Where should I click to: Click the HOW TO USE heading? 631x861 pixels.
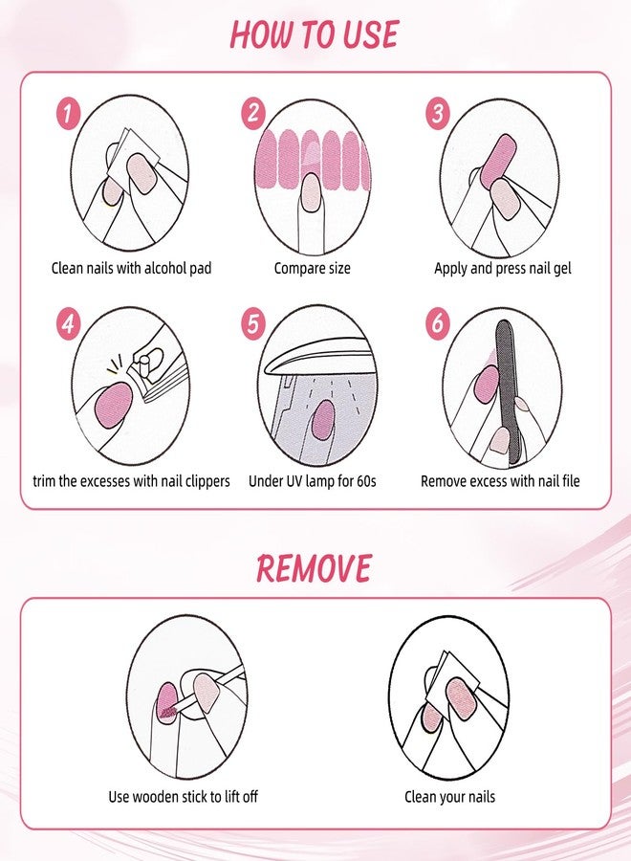coord(314,34)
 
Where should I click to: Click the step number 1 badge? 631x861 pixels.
coord(67,115)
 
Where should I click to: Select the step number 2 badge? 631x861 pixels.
coord(252,114)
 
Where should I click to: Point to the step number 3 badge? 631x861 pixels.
coord(438,115)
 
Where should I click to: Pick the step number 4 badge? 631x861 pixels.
coord(67,323)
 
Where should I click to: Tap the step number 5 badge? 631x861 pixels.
coord(252,323)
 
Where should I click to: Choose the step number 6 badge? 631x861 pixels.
coord(438,323)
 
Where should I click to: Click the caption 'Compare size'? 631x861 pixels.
coord(314,269)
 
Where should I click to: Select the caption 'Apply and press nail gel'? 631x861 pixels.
coord(502,269)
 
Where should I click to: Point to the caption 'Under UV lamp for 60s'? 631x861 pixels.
coord(313,481)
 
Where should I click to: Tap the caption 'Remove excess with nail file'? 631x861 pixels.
coord(500,481)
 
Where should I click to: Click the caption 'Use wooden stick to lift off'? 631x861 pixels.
coord(183,796)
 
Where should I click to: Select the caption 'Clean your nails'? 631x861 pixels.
coord(449,796)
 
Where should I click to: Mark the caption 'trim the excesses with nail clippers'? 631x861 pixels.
coord(130,481)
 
